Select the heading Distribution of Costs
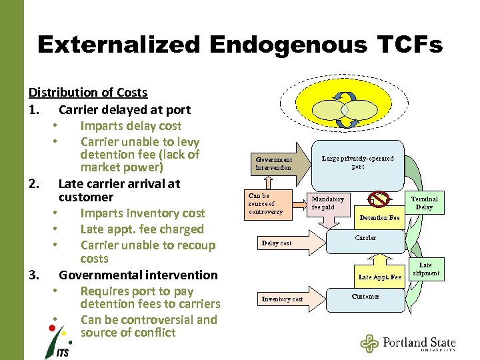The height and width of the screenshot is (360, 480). pyautogui.click(x=88, y=93)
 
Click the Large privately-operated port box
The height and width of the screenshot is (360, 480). pyautogui.click(x=358, y=162)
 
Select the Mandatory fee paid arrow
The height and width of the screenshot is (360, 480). pyautogui.click(x=329, y=203)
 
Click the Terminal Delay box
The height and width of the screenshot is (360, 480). pyautogui.click(x=424, y=203)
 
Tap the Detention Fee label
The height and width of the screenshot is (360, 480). pyautogui.click(x=379, y=218)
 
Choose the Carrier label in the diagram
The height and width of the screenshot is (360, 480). pyautogui.click(x=365, y=238)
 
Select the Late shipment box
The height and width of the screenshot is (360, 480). pyautogui.click(x=425, y=269)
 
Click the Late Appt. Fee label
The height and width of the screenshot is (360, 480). pyautogui.click(x=379, y=277)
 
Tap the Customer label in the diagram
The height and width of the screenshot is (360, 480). pyautogui.click(x=365, y=296)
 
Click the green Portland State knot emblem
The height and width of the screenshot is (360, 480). pyautogui.click(x=369, y=343)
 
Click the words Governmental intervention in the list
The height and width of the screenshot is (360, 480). pyautogui.click(x=138, y=275)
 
